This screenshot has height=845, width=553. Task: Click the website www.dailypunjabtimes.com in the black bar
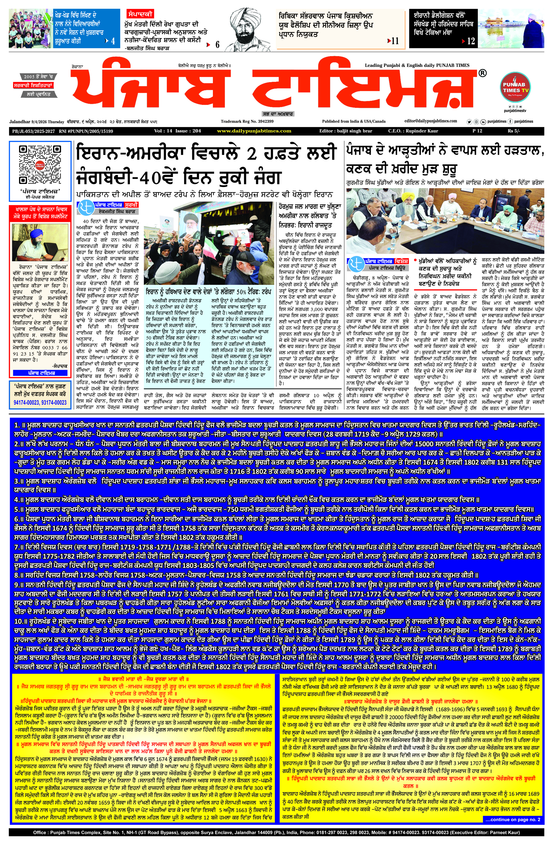click(254, 131)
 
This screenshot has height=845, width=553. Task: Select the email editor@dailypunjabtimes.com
click(431, 121)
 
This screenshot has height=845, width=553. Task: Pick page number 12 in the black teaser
click(471, 41)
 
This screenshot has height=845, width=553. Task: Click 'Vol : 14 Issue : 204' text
click(178, 131)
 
